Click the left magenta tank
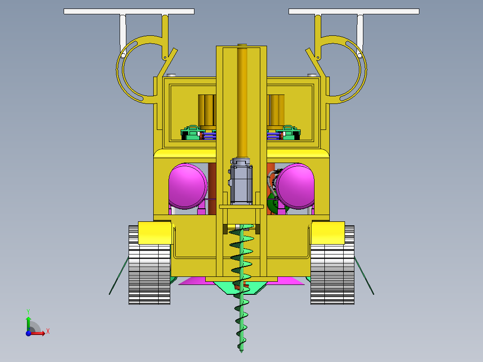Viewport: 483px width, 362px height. tap(188, 186)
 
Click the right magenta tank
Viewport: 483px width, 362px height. tap(295, 186)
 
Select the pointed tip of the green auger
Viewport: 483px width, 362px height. tap(241, 352)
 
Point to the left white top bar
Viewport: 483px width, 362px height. tap(129, 11)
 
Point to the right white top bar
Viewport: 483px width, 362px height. tap(354, 11)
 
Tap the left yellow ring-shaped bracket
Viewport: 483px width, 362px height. tap(120, 69)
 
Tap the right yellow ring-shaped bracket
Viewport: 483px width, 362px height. tap(363, 69)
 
